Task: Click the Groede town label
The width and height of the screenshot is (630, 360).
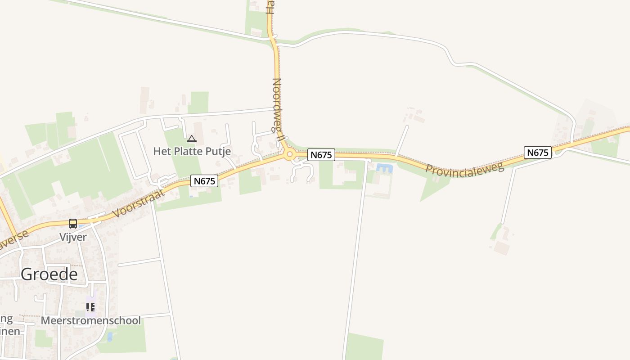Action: click(49, 274)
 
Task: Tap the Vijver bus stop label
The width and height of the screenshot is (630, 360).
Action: click(73, 237)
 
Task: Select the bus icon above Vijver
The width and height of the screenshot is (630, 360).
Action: click(73, 224)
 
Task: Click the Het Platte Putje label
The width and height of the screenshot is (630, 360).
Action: click(192, 151)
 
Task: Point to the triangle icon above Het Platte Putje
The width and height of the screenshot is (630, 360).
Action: click(192, 139)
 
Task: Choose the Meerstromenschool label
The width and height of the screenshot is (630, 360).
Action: click(91, 320)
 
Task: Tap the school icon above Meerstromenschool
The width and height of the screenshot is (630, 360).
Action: click(91, 307)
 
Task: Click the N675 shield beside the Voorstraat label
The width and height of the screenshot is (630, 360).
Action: click(204, 181)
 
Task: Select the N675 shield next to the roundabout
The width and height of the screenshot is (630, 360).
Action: click(321, 155)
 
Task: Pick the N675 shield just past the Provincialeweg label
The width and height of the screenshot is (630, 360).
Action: click(537, 153)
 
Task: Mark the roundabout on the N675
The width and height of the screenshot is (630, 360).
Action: click(289, 155)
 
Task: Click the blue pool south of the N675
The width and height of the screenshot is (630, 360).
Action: click(384, 169)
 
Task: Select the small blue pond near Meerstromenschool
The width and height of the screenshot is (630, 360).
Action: click(110, 337)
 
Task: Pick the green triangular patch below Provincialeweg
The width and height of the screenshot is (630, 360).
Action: click(433, 188)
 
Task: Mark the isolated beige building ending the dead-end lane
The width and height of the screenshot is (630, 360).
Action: click(501, 247)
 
